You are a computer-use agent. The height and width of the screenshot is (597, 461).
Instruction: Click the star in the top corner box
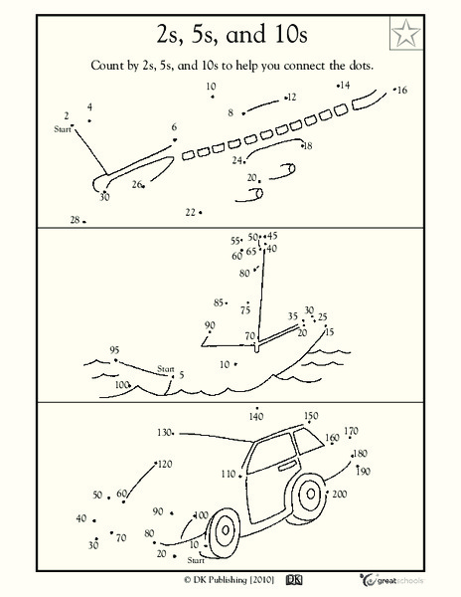point(406,33)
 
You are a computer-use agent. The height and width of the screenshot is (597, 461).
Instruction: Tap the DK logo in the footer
point(294,580)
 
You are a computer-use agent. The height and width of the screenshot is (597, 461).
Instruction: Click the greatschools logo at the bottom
point(391,580)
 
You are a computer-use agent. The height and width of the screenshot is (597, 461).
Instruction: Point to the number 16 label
point(402,91)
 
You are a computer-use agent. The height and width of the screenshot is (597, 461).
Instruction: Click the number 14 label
point(345,85)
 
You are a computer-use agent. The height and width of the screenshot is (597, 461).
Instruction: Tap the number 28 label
point(75,220)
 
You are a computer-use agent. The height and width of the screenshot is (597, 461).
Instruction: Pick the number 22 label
point(191,212)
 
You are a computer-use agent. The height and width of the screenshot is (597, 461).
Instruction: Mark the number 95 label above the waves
point(114,350)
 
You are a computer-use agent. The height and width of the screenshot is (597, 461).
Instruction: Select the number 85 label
point(219,302)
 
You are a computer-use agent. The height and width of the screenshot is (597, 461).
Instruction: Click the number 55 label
point(235,241)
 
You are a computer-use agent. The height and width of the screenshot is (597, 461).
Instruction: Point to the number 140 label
point(256,417)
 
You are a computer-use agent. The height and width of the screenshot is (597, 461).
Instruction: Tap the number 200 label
point(340,494)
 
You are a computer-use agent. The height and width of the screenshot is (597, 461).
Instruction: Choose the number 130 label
point(164,433)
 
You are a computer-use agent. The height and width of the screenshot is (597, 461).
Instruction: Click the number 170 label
point(351,431)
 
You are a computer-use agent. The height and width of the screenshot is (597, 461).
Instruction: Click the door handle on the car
point(288,466)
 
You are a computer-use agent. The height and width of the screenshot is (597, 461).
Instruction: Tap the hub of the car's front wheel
point(226,529)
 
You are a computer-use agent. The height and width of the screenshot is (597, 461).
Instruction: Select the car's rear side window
point(309,441)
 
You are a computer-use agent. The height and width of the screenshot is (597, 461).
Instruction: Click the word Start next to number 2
point(63,129)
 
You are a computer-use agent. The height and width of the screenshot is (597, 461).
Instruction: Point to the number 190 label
point(364,472)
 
